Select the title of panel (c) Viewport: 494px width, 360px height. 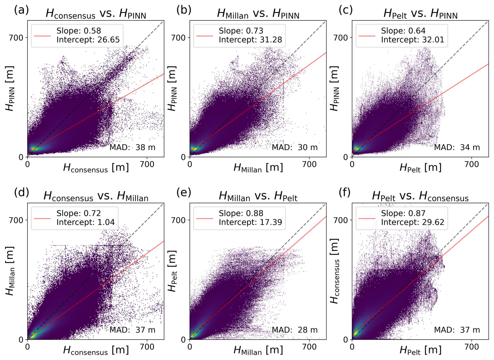[x=420, y=13]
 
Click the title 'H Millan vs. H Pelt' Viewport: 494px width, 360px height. [x=258, y=196]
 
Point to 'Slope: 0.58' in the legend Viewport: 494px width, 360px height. [x=79, y=31]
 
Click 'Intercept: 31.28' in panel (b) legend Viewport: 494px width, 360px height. [x=250, y=40]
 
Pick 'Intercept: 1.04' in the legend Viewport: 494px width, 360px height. [x=85, y=222]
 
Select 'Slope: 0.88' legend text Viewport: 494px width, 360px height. [x=241, y=213]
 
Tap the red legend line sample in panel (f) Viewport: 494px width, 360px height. [x=367, y=218]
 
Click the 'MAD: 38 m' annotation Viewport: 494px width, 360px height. [x=132, y=147]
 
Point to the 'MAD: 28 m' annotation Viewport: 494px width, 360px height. [x=295, y=330]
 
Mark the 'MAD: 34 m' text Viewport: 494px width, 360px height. [x=457, y=147]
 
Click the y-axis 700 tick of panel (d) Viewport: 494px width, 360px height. [x=16, y=220]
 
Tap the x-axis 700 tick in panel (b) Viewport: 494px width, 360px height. [x=309, y=164]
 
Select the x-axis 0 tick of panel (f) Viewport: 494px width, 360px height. [x=352, y=347]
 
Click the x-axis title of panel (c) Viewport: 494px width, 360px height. [x=420, y=168]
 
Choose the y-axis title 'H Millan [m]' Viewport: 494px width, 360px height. [x=10, y=271]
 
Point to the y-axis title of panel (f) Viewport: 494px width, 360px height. [x=334, y=271]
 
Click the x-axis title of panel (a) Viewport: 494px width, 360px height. [x=96, y=168]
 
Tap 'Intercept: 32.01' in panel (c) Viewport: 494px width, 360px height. [x=413, y=40]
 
